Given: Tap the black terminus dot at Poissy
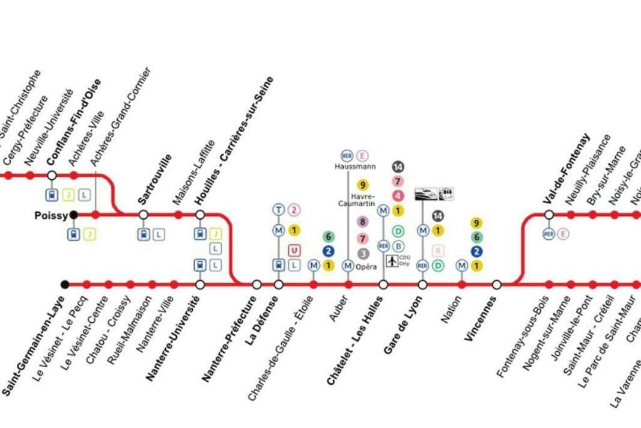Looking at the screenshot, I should coord(73,215).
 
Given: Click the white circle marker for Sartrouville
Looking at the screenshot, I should coord(144,215).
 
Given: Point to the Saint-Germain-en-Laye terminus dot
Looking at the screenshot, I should coord(65,284).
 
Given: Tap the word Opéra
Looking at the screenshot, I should coord(366,266).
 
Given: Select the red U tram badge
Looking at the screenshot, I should coord(294,250).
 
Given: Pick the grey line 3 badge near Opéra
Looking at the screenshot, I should coord(363,254).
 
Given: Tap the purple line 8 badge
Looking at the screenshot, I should coord(362,222).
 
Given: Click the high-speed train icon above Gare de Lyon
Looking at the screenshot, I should coord(427,194).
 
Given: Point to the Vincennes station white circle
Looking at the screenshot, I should coord(497,284).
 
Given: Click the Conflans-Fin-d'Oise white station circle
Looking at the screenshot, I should coord(52,176).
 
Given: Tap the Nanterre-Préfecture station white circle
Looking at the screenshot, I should coord(257,284).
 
